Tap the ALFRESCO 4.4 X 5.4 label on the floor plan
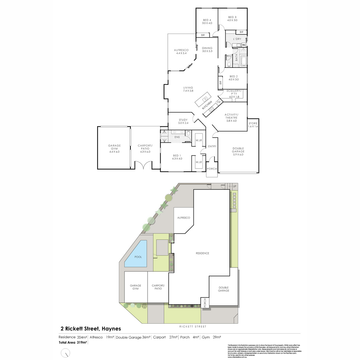click(x=181, y=52)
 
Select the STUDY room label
click(x=183, y=121)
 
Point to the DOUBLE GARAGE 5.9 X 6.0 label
click(x=238, y=151)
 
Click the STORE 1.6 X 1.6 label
click(x=253, y=125)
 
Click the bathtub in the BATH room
click(x=243, y=61)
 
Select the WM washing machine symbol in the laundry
click(x=244, y=45)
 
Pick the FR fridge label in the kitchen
click(x=219, y=102)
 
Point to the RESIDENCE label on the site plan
click(x=202, y=253)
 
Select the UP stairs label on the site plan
click(x=235, y=186)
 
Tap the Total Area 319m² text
click(x=73, y=342)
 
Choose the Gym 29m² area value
click(x=211, y=337)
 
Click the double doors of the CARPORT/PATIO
click(x=143, y=165)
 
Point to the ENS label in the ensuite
click(x=177, y=137)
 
